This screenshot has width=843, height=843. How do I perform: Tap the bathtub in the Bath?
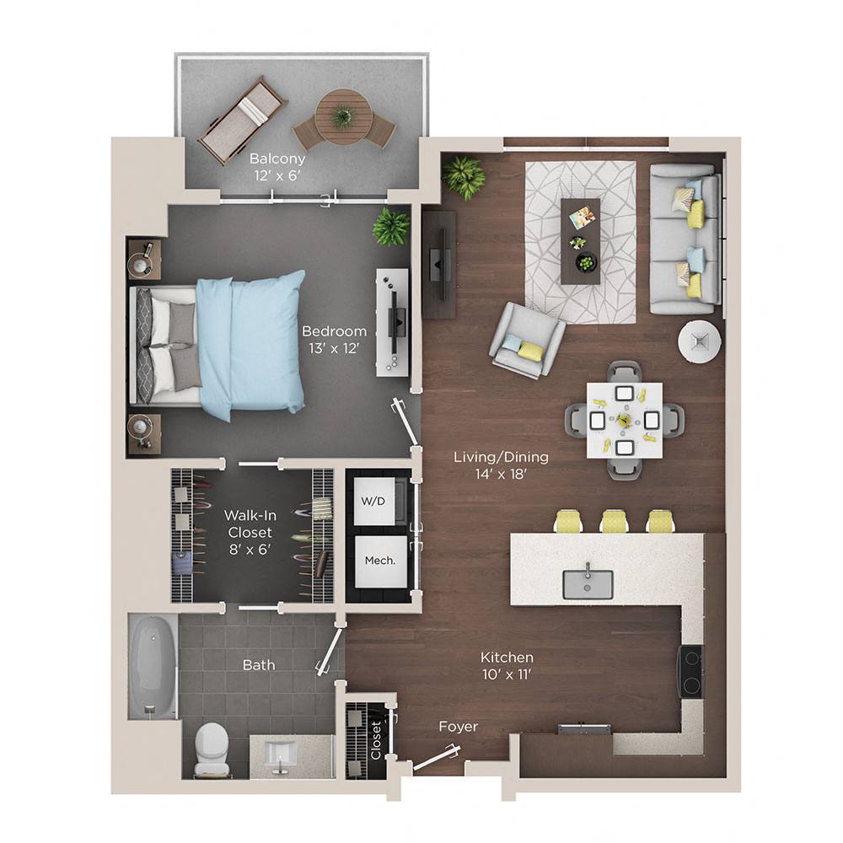click(x=153, y=666)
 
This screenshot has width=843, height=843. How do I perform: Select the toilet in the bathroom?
click(x=211, y=749)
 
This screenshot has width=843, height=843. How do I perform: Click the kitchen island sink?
click(x=588, y=583)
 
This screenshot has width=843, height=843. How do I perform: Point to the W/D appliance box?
click(x=373, y=502)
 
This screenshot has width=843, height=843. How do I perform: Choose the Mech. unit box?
click(x=374, y=561)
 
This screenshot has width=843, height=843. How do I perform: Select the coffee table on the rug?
click(x=581, y=240)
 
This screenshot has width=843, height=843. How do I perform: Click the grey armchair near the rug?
click(x=527, y=340)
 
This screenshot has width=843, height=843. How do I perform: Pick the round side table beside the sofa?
click(x=699, y=341)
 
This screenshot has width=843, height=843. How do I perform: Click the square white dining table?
click(x=625, y=419)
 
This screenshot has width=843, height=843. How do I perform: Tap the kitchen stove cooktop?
click(x=691, y=671)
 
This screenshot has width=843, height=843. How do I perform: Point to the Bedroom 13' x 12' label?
click(x=335, y=339)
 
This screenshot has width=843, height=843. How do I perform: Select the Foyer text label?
click(x=458, y=727)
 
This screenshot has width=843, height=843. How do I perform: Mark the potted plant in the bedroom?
click(x=390, y=226)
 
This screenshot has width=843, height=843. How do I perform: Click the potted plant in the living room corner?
click(x=464, y=177)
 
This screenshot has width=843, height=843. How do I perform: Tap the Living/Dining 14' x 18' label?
click(x=501, y=465)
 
